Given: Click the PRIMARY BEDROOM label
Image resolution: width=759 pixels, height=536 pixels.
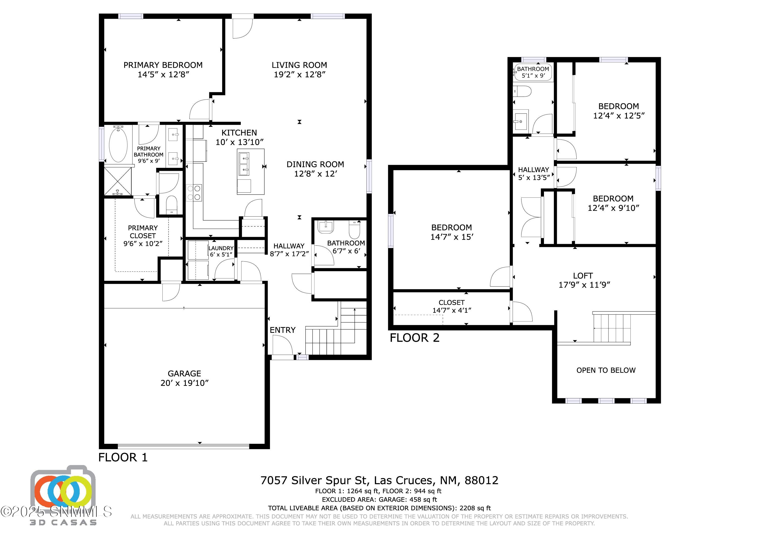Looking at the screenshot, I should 163,65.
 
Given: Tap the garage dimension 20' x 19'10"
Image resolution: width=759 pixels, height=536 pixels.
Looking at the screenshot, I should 184,383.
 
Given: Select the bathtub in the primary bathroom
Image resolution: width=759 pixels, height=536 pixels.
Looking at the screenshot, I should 118,145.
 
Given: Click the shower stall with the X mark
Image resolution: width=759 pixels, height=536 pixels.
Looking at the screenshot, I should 118,181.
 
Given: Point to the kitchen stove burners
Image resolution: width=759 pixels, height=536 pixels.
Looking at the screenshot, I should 194,193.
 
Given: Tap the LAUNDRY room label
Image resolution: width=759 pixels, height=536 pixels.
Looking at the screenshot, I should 221,248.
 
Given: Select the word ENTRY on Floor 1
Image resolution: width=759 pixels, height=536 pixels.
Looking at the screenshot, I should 282,330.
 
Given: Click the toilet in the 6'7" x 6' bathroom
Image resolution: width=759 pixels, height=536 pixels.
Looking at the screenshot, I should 354,230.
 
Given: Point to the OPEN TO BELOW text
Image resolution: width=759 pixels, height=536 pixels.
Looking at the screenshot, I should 606,370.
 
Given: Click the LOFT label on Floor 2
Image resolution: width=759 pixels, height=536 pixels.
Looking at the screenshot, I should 583,275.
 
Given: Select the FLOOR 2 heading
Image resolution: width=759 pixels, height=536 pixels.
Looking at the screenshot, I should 415,338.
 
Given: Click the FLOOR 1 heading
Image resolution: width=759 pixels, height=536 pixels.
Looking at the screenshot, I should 123,457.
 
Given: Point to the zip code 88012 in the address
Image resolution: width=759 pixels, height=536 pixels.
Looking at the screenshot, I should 481,480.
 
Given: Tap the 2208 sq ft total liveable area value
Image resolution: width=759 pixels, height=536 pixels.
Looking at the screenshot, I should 475,508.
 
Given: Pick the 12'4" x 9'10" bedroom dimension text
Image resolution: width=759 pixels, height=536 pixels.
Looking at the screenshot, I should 613,208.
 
